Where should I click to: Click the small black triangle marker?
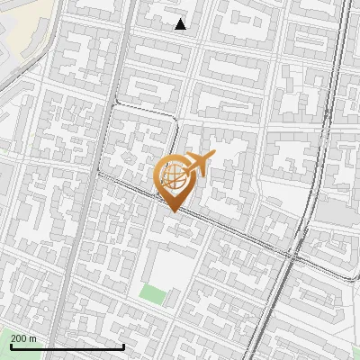tap(181, 24)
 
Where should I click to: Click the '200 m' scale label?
tap(23, 338)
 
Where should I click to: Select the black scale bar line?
tap(67, 346)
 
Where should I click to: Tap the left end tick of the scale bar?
tap(11, 345)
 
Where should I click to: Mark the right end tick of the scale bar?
tap(123, 345)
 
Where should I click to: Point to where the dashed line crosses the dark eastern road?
tap(293, 256)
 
